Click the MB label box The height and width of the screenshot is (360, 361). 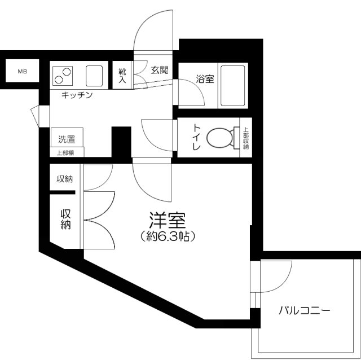pyautogui.click(x=22, y=72)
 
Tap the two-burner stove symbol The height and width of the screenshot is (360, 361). pyautogui.click(x=63, y=74)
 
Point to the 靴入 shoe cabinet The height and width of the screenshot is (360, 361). pyautogui.click(x=122, y=76)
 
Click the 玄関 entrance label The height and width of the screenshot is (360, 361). pyautogui.click(x=160, y=71)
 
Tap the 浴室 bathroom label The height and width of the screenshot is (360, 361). pyautogui.click(x=204, y=79)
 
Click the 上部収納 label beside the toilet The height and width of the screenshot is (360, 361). pyautogui.click(x=246, y=138)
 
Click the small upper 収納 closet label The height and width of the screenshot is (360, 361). pyautogui.click(x=64, y=179)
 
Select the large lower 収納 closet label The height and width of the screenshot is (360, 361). pyautogui.click(x=65, y=219)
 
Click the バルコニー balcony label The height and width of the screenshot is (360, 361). pyautogui.click(x=304, y=311)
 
